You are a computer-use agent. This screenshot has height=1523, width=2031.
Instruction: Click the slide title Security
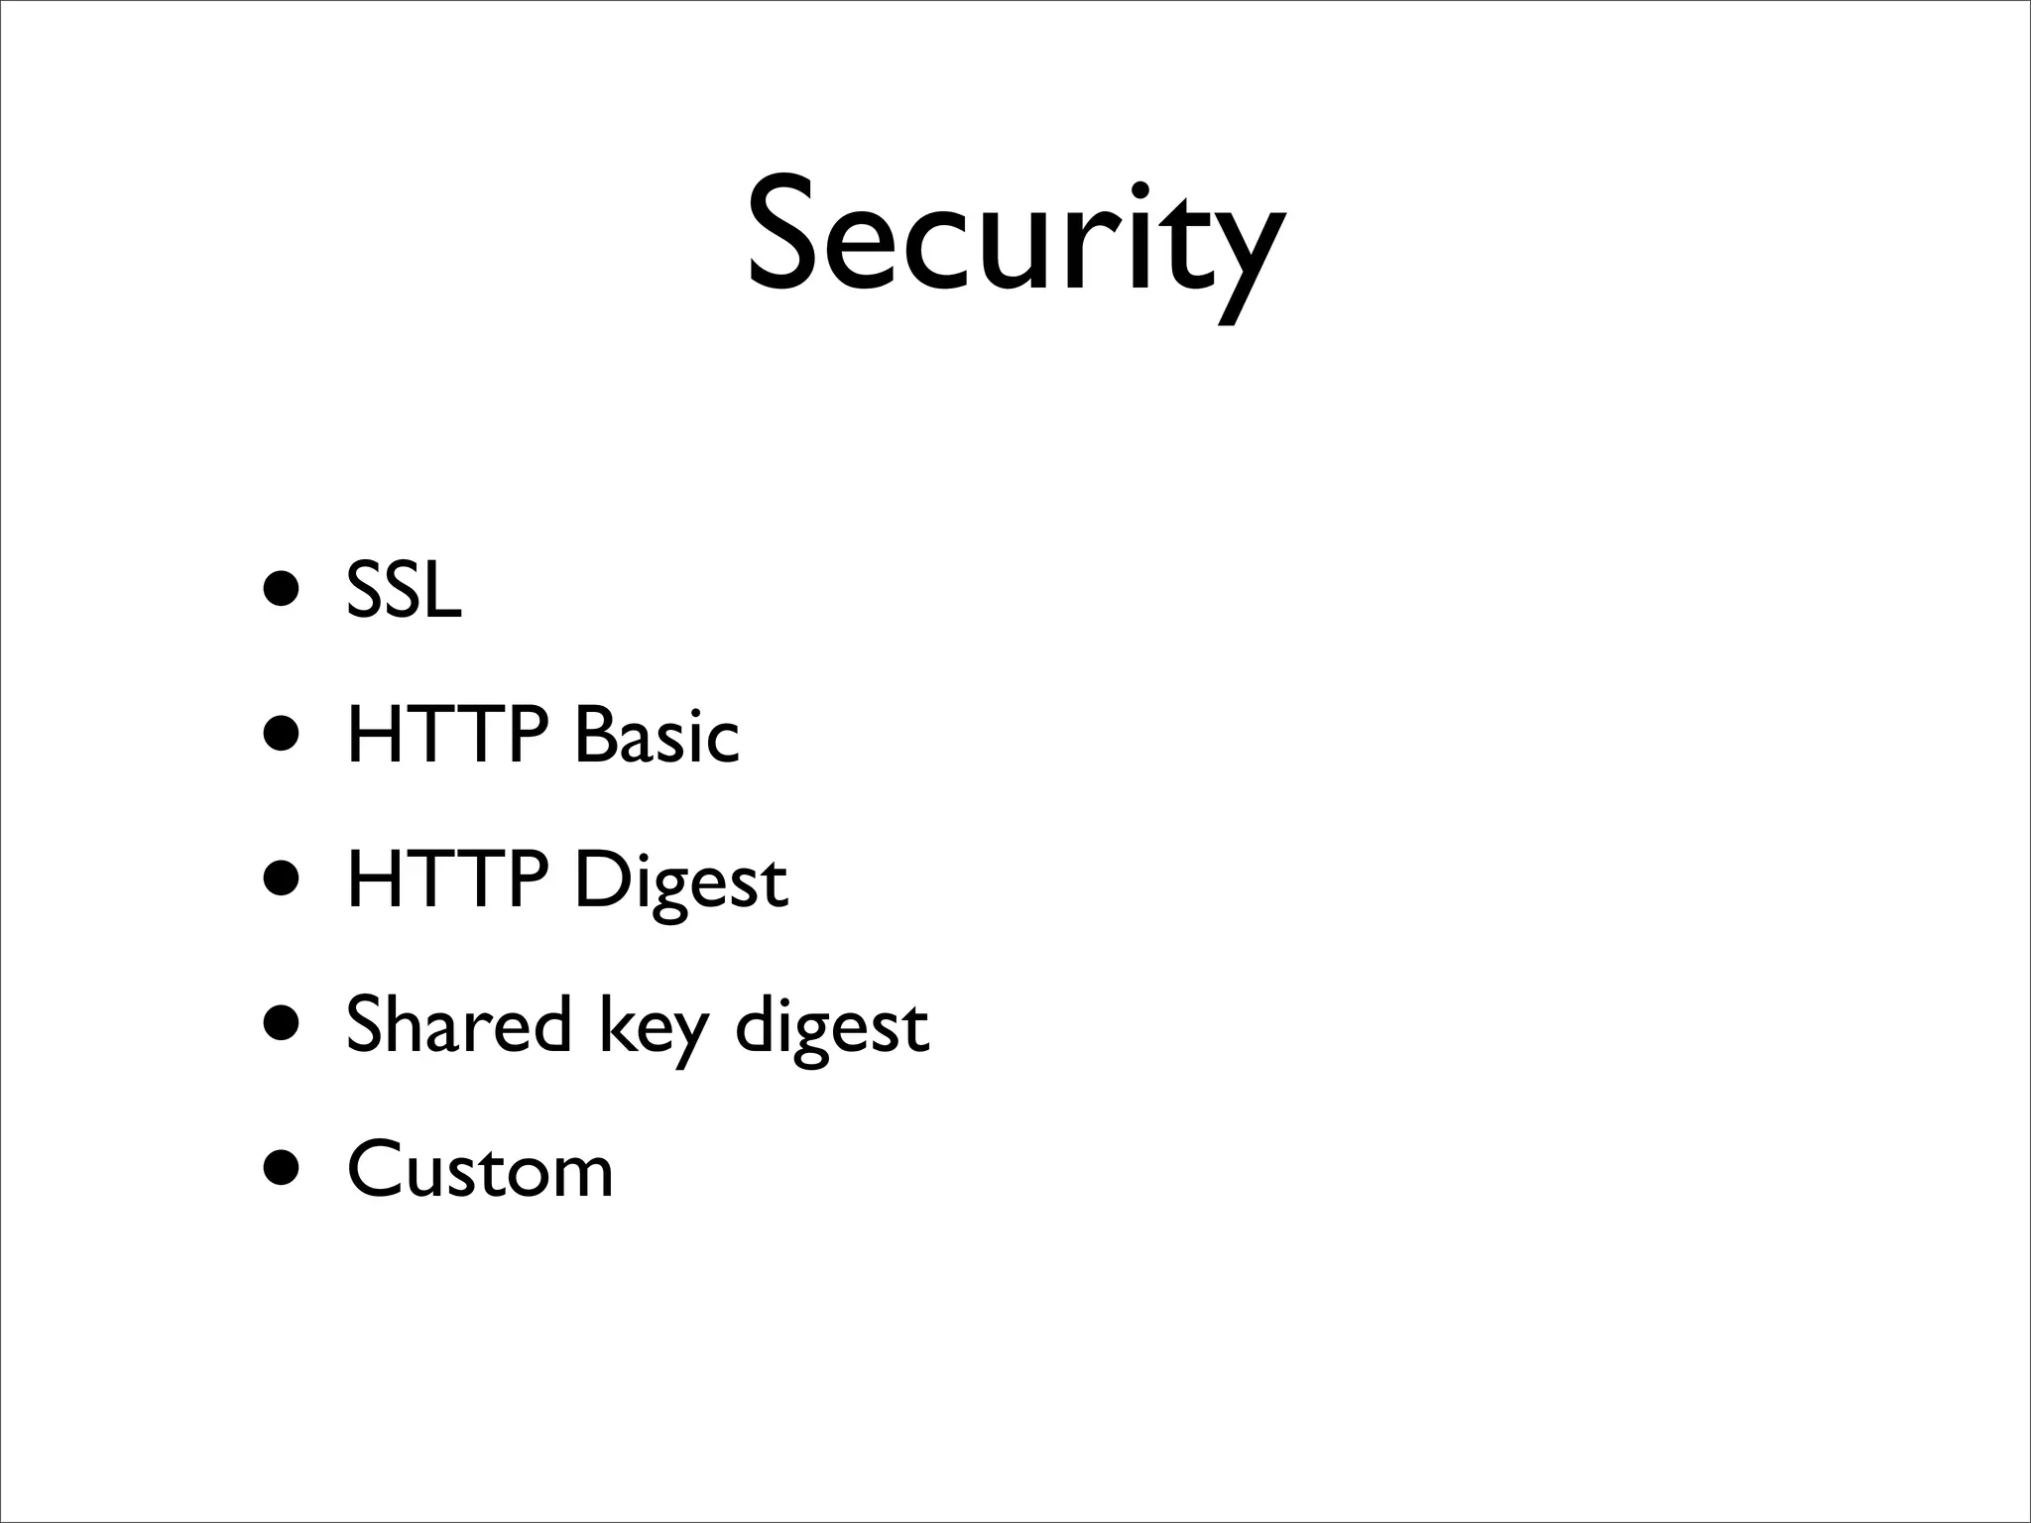point(1015,238)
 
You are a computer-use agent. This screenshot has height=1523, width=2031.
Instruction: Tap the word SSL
point(404,591)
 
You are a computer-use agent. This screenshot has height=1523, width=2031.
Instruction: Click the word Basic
point(657,735)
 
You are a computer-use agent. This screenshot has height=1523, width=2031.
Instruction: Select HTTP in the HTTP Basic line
point(447,735)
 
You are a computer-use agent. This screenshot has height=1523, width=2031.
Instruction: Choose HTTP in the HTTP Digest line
point(447,879)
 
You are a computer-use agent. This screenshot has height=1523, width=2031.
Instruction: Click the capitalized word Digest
point(681,882)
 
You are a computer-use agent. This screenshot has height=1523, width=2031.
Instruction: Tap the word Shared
point(458,1024)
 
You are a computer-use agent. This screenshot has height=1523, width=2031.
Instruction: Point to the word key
point(654,1029)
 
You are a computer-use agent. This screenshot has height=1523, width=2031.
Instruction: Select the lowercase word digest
point(832,1029)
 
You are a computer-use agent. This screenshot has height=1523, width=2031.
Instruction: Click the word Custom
point(480,1170)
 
